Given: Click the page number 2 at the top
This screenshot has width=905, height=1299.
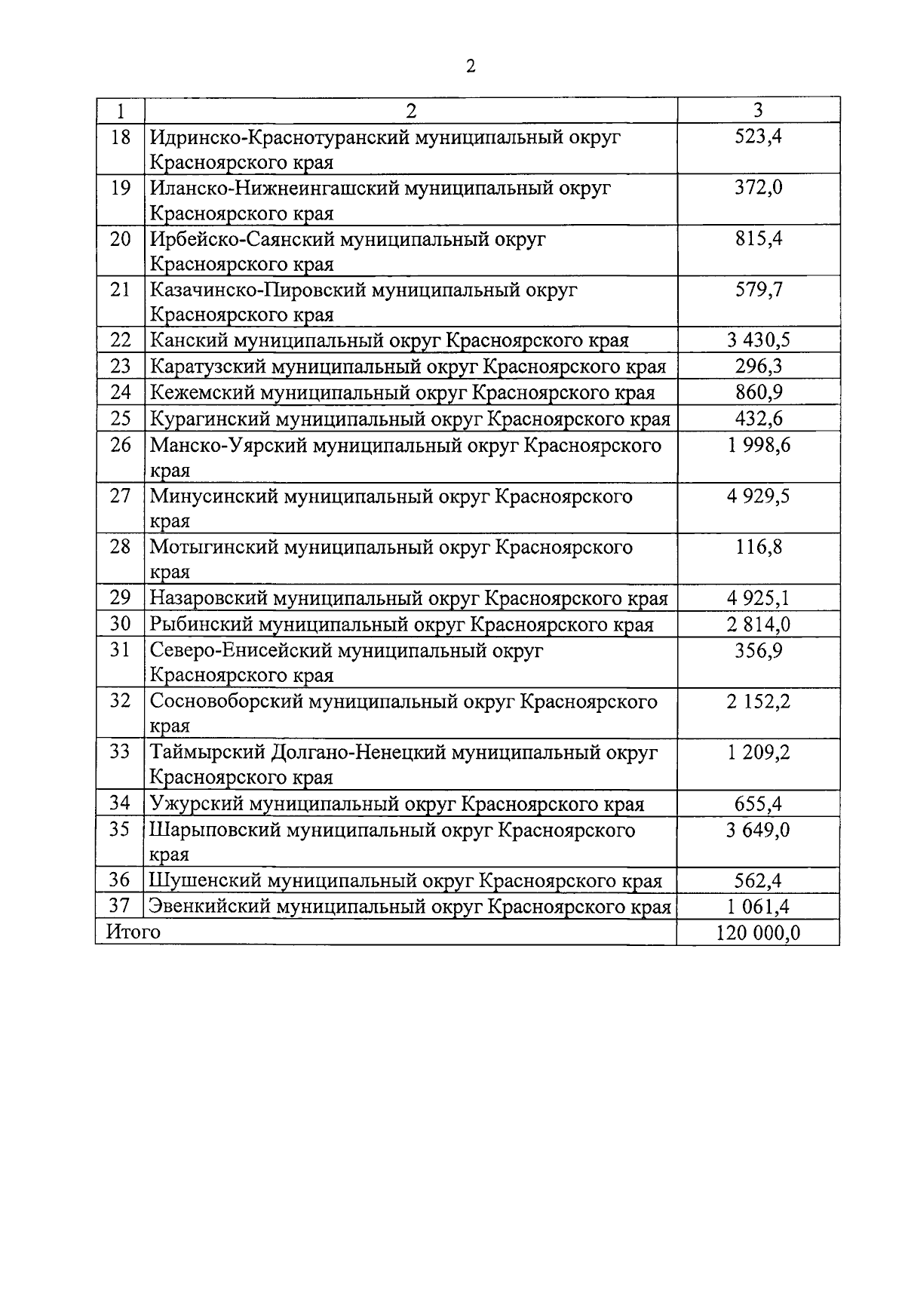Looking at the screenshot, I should [471, 66].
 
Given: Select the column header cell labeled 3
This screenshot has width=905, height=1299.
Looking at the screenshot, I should [758, 110].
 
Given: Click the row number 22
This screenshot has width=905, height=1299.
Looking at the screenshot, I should [120, 340].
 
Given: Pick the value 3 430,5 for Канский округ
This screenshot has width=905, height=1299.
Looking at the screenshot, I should [758, 340].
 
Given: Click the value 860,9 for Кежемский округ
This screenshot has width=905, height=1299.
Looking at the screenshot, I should [758, 392].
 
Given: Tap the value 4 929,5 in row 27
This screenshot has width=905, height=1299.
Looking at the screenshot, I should [758, 496].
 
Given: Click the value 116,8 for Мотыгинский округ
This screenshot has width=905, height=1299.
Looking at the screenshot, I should [758, 547].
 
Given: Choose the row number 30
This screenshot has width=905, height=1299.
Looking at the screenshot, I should [120, 624].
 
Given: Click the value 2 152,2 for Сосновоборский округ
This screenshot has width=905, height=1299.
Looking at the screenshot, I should [758, 702].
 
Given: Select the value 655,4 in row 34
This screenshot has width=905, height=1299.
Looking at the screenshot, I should [758, 804].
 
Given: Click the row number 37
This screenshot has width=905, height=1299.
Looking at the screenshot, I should [120, 906].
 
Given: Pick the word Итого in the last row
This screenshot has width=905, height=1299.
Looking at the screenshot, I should [133, 932].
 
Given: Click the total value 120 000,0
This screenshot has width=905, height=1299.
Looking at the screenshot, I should [758, 933].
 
